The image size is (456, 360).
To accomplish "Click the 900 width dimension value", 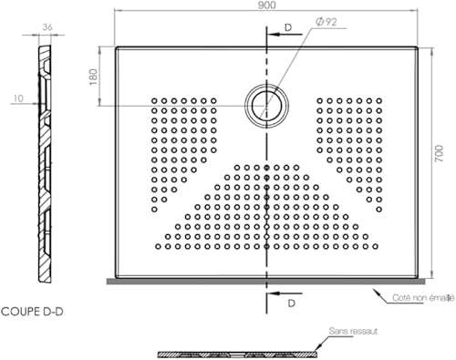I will click(265, 7).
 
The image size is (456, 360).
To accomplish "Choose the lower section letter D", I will click(291, 301).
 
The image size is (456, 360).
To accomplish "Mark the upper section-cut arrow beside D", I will click(276, 37).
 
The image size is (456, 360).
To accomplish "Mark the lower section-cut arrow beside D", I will click(276, 294).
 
